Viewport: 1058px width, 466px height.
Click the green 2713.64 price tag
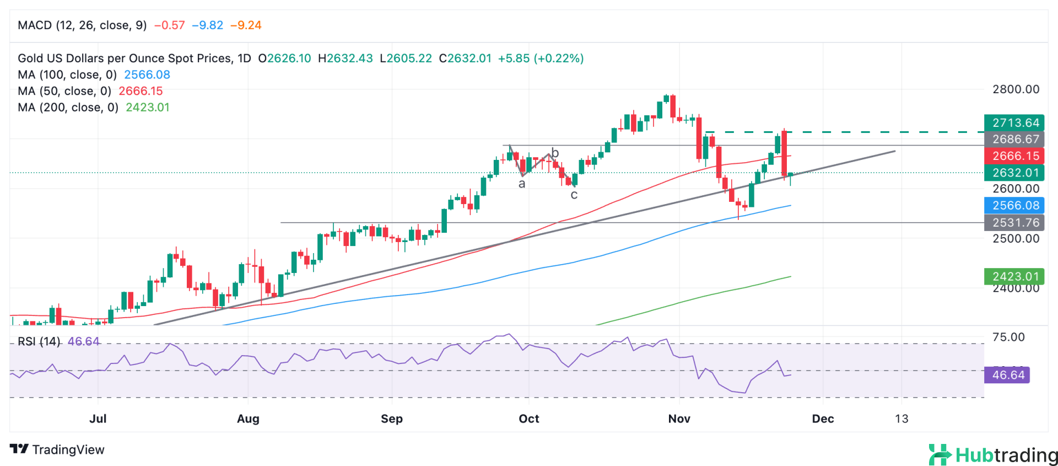pos(1014,123)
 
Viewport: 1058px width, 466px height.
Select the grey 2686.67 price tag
pos(1014,140)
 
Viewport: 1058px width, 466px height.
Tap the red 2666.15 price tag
pos(1014,156)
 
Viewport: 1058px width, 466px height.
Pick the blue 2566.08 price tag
pos(1014,206)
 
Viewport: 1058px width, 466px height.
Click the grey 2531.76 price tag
pos(1014,223)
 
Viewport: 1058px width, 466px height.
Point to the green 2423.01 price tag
pos(1014,276)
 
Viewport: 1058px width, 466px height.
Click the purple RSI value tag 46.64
pos(1007,375)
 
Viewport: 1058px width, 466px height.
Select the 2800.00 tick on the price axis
pos(1016,89)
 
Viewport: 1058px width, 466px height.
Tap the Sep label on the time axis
pos(392,419)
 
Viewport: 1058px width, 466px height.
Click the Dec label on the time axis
pos(823,419)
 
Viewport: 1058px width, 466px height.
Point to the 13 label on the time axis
pos(902,419)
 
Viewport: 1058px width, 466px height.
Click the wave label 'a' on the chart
pos(522,184)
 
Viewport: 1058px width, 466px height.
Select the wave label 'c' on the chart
pos(574,195)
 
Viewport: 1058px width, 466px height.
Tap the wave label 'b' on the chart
pos(555,153)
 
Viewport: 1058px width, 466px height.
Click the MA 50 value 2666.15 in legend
pos(141,91)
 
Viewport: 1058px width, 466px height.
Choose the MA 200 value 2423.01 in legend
pos(147,108)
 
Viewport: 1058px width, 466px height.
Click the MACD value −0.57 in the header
pos(169,25)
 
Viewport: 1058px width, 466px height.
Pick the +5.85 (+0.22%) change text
pos(541,58)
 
